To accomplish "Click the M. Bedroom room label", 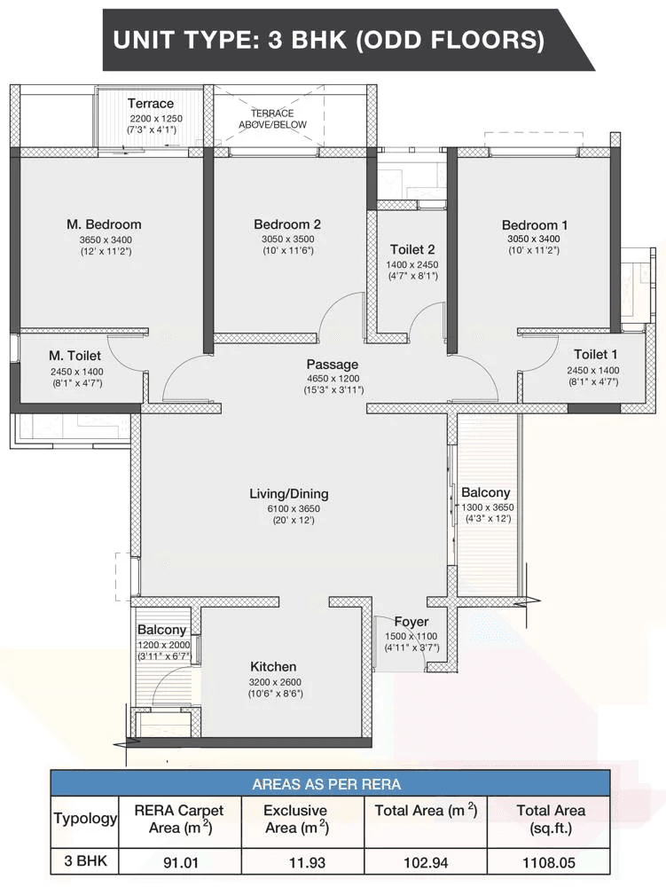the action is [x=104, y=224].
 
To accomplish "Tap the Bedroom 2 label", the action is [x=287, y=224].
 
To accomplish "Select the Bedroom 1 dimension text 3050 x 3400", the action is [x=534, y=239].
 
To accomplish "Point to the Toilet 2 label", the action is [x=412, y=249].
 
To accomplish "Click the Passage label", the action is [x=333, y=365].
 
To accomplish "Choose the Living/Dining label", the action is [x=289, y=494].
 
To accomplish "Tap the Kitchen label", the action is [x=274, y=667].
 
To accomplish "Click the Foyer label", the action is [x=411, y=623].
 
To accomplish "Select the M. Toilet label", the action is [x=74, y=356].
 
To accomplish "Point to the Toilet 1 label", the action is [x=596, y=355].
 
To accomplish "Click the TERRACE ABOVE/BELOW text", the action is [x=272, y=119].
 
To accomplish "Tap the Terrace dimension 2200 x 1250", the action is [x=156, y=119].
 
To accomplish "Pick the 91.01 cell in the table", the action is [x=181, y=863].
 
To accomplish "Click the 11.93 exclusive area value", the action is [x=308, y=863].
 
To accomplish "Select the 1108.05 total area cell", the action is [x=549, y=863].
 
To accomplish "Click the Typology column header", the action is [x=85, y=819].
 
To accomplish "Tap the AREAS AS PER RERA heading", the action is [x=326, y=785].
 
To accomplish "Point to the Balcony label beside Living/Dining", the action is [x=486, y=492].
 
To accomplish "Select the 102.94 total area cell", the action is [x=426, y=863].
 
